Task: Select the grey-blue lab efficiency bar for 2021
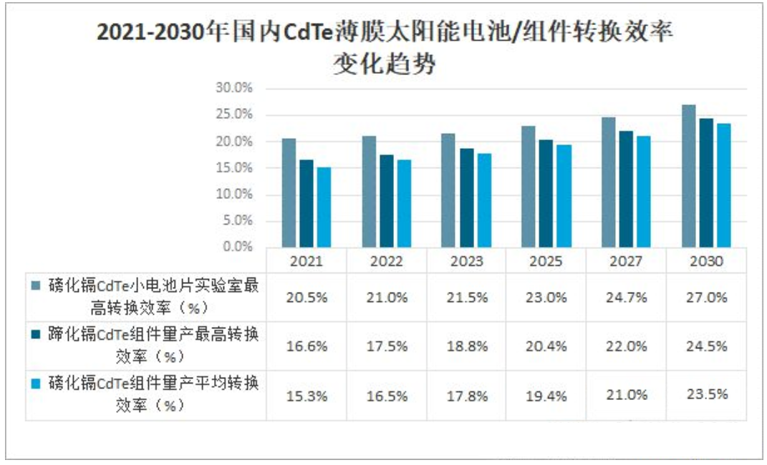pyautogui.click(x=289, y=193)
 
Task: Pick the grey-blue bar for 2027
pyautogui.click(x=608, y=182)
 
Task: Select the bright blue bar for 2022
pyautogui.click(x=404, y=204)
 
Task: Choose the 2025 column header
pyautogui.click(x=546, y=261)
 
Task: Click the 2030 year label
pyautogui.click(x=706, y=261)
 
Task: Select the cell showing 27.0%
pyautogui.click(x=706, y=298)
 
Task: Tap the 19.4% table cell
pyautogui.click(x=546, y=395)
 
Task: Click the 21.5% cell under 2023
pyautogui.click(x=466, y=298)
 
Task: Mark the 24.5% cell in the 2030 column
pyautogui.click(x=706, y=346)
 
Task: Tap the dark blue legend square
pyautogui.click(x=36, y=333)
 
